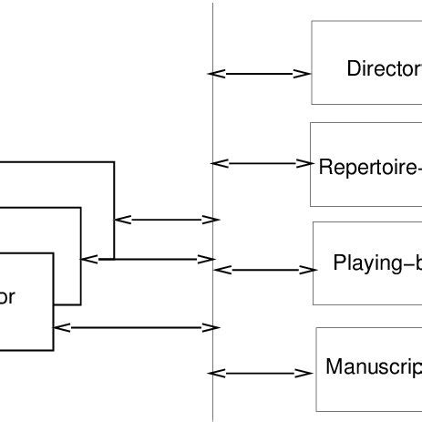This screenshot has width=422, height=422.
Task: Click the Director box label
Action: (x=384, y=68)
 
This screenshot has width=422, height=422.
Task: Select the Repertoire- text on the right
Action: (x=369, y=168)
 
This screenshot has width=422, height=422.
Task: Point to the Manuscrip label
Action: (x=373, y=367)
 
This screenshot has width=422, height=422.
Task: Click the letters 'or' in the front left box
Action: (x=8, y=296)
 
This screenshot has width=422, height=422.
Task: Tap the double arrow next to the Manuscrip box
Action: (x=261, y=373)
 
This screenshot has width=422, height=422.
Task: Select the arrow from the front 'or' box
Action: (x=137, y=327)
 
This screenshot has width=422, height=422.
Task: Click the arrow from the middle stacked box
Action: (x=150, y=260)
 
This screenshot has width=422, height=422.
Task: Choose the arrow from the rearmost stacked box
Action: (x=167, y=219)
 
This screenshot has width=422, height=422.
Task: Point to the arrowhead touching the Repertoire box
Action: (x=304, y=164)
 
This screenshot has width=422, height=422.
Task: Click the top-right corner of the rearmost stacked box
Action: (x=114, y=162)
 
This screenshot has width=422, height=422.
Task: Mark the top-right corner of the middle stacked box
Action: (x=81, y=208)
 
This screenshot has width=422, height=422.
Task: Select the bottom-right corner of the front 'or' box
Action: (x=53, y=349)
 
